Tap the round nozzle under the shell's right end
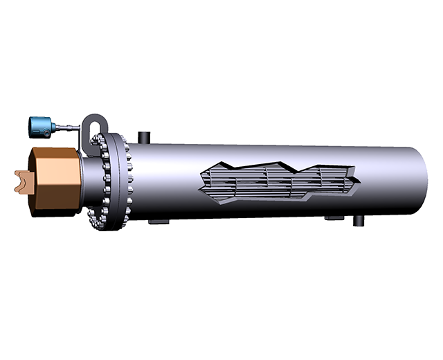click(361, 221)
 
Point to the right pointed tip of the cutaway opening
click(360, 179)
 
